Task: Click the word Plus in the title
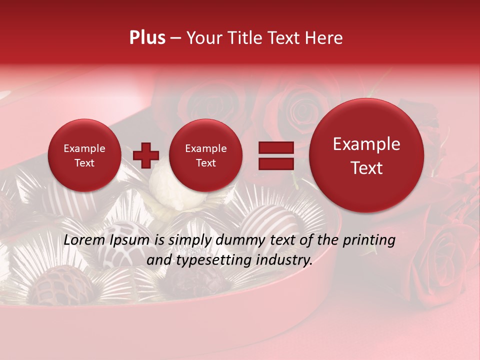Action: [147, 38]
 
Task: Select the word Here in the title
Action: [325, 38]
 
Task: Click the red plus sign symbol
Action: [146, 155]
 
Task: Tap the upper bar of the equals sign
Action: [276, 147]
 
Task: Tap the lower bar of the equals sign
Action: [276, 163]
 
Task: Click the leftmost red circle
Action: [84, 155]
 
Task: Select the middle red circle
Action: [205, 155]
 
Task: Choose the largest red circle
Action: [366, 155]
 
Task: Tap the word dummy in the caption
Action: [238, 240]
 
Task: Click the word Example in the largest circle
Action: [366, 144]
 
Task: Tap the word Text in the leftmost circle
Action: [84, 163]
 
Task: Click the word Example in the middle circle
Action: [205, 148]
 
